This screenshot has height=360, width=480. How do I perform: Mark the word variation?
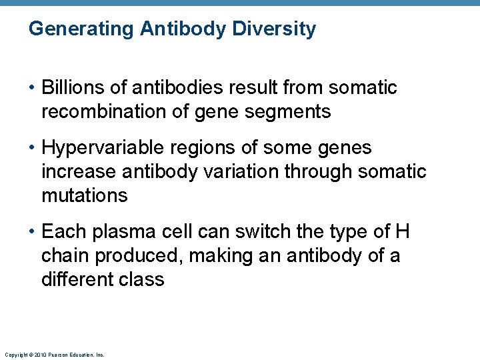[241, 171]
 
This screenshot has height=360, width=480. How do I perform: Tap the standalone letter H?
[402, 231]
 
